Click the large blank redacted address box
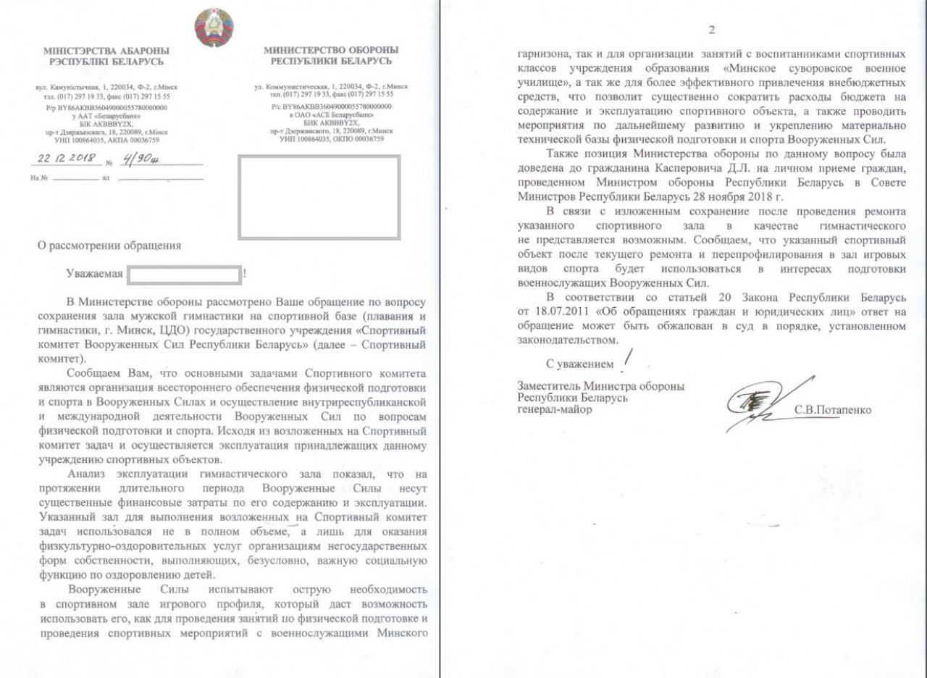click(x=319, y=197)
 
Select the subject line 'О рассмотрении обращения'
click(x=109, y=245)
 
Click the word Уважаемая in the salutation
click(x=93, y=275)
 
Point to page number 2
click(x=711, y=30)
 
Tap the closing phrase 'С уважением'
click(x=579, y=362)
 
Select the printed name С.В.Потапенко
click(x=833, y=409)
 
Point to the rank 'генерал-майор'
click(x=554, y=410)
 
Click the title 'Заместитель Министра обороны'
click(x=600, y=386)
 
